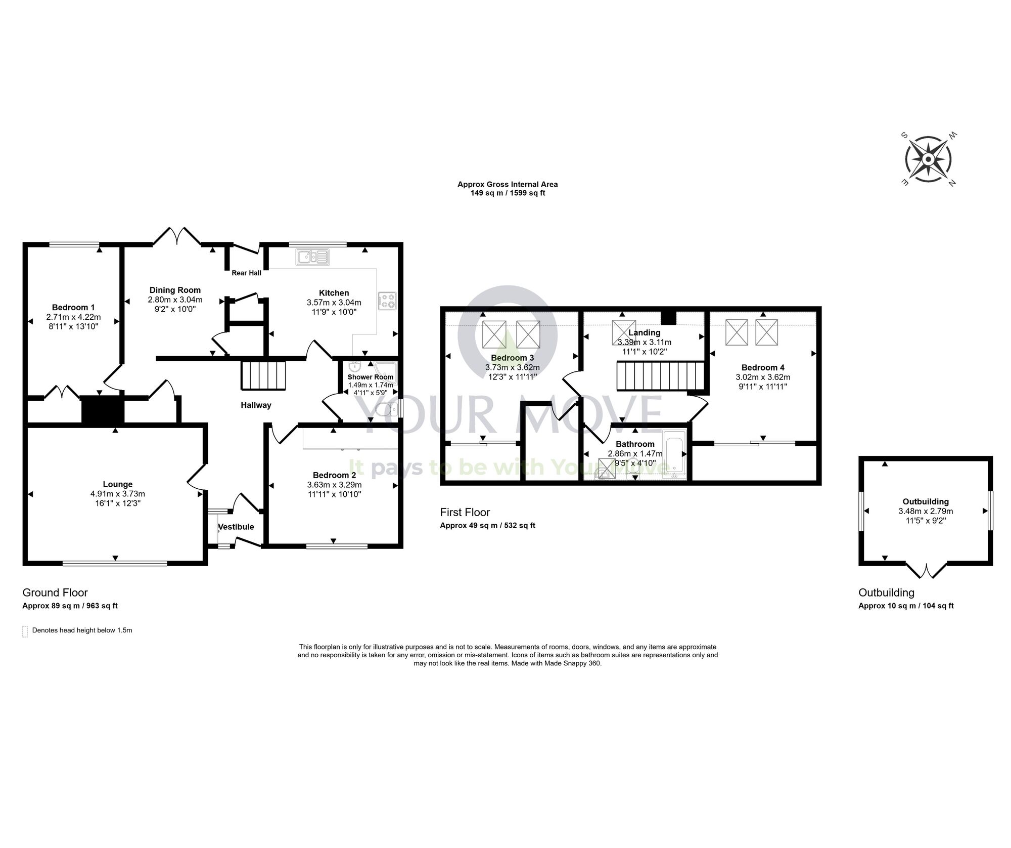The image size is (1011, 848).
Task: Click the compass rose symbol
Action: [x=928, y=160]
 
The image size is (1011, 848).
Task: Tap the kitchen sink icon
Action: [x=313, y=257]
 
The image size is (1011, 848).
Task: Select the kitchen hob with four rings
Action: [x=388, y=301]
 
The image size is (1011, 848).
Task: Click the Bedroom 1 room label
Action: [x=73, y=307]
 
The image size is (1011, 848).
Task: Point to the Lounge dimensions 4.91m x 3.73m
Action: [x=117, y=494]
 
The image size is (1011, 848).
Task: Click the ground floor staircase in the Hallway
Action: [x=263, y=375]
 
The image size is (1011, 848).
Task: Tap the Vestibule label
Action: [x=236, y=527]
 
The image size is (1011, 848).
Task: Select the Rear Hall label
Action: [x=246, y=273]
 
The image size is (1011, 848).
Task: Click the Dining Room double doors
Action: [x=176, y=236]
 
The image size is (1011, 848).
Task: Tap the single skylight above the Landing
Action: [x=624, y=332]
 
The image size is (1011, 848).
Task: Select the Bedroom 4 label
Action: [x=763, y=368]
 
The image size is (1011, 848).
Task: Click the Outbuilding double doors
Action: [x=926, y=571]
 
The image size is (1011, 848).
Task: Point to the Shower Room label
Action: [x=370, y=377]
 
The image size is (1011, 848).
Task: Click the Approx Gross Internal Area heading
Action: [x=508, y=184]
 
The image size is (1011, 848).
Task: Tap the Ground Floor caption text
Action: [x=55, y=592]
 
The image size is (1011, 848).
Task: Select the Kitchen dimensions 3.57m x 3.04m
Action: [x=334, y=303]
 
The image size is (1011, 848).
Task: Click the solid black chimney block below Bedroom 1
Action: [x=103, y=409]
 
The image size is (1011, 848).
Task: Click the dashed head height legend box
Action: [x=25, y=631]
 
